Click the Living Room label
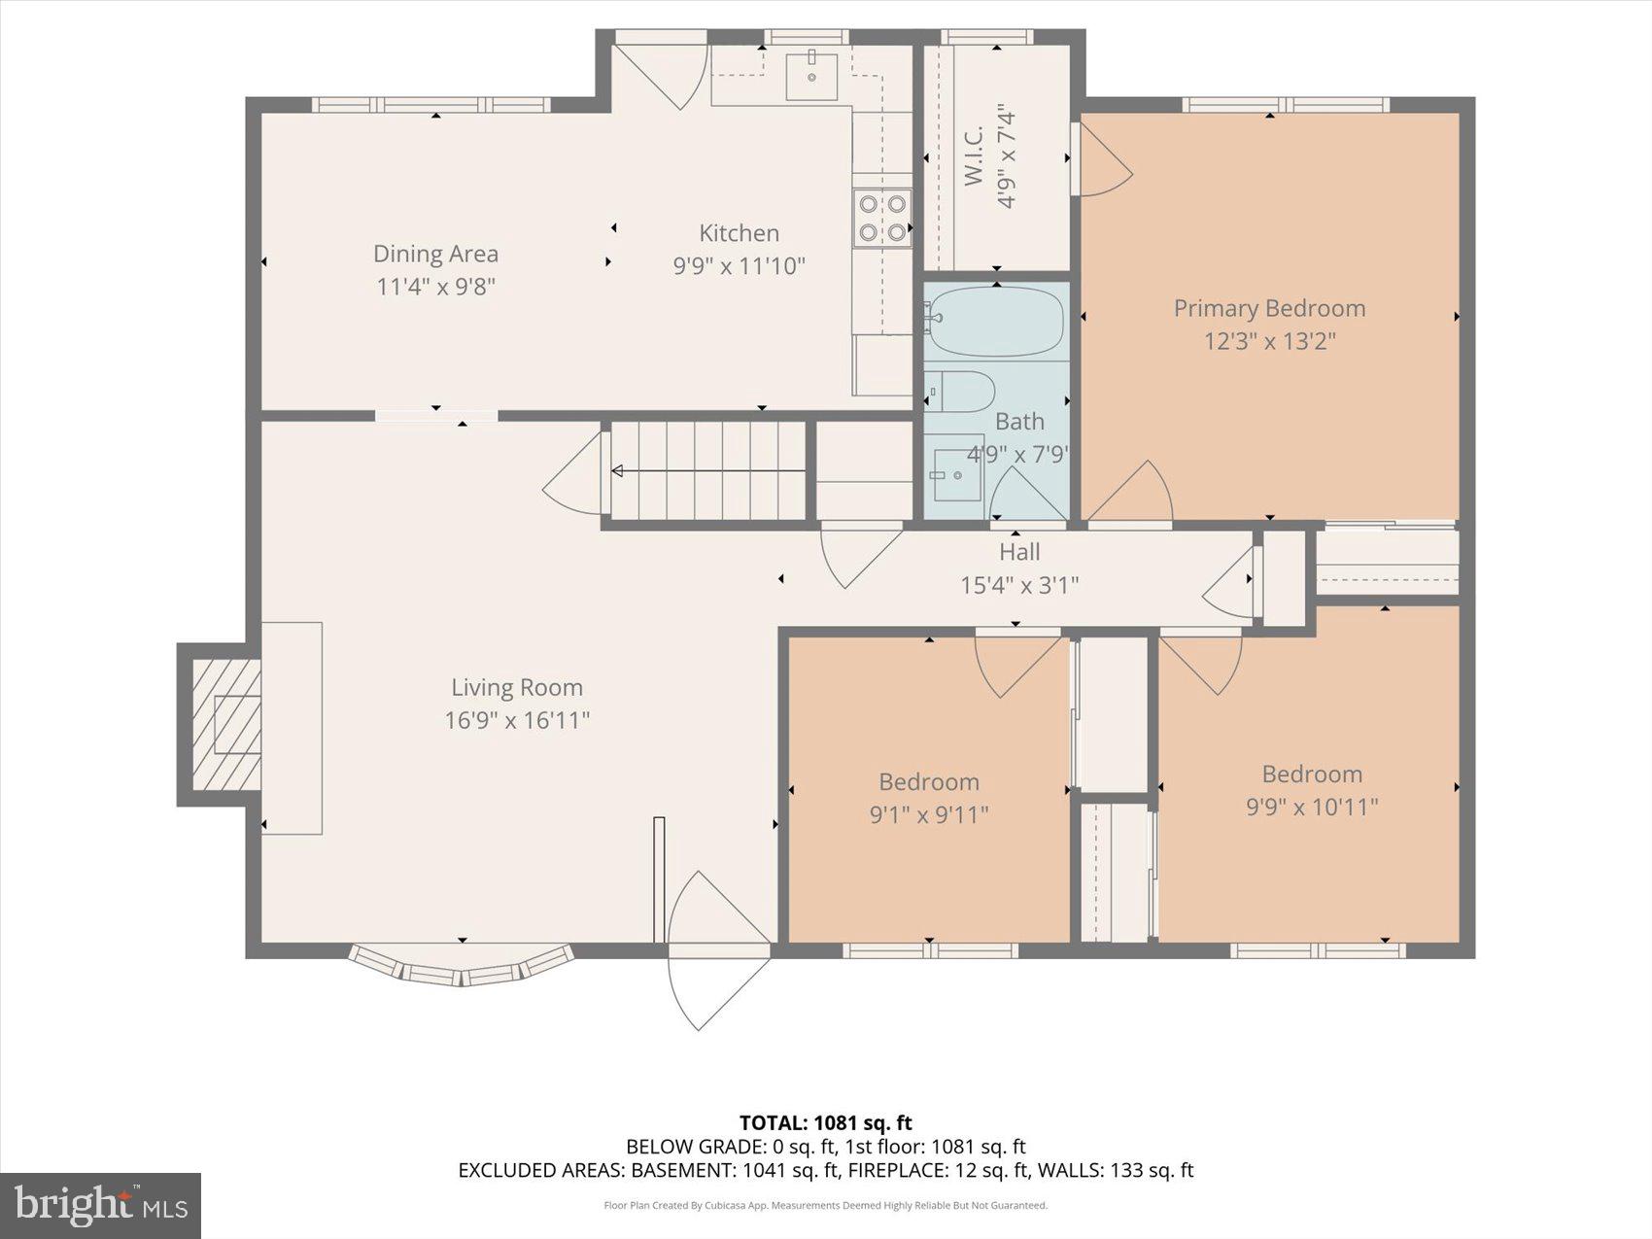coord(516,687)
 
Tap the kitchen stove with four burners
coord(882,218)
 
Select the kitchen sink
coord(810,76)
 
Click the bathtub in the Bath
coord(993,320)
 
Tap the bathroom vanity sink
coord(957,475)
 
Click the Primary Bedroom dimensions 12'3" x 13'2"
coord(1269,341)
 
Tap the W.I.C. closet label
coord(975,155)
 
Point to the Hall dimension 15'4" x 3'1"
coord(1019,585)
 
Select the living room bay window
coord(461,967)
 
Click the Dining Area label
coord(435,254)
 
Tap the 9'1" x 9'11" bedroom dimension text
coord(928,814)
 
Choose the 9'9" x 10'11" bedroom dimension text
coord(1312,807)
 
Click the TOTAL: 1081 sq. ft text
coord(825,1123)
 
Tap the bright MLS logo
coord(101,1205)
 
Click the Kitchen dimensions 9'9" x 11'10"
coord(739,265)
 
